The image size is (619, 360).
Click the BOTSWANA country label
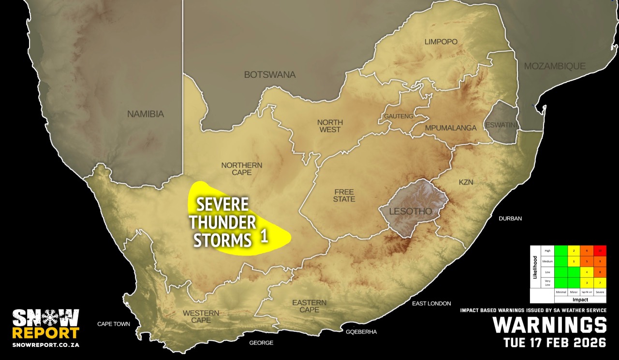click(269, 75)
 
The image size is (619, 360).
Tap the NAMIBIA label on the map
click(146, 115)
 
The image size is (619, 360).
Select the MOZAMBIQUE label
click(555, 66)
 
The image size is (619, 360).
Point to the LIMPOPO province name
click(441, 42)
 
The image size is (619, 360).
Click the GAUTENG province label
click(398, 116)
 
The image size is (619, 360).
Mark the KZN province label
click(466, 182)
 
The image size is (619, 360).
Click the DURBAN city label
click(510, 218)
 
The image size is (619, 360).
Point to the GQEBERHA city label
click(361, 332)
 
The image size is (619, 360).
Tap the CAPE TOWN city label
click(114, 324)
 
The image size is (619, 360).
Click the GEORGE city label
click(261, 343)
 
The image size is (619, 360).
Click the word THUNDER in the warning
click(222, 223)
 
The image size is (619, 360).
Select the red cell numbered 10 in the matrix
click(600, 250)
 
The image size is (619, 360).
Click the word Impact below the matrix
click(580, 300)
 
